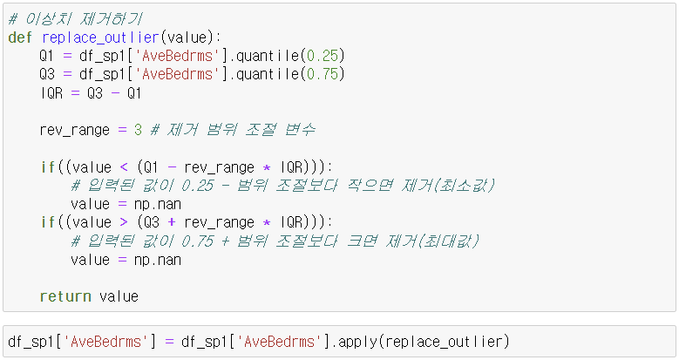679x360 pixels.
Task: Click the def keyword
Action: click(21, 37)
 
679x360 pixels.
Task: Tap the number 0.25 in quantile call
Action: click(323, 56)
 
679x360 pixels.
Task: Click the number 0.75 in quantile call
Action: click(323, 74)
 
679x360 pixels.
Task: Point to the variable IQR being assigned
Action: click(51, 92)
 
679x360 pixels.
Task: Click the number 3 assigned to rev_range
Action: click(138, 130)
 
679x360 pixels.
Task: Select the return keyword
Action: click(65, 296)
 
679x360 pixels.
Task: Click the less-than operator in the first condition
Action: click(126, 166)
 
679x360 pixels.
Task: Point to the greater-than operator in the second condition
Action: click(126, 222)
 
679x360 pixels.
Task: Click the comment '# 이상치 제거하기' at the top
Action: click(76, 18)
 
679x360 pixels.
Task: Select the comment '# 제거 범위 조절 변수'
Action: click(234, 130)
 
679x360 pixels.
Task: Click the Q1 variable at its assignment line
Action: click(47, 56)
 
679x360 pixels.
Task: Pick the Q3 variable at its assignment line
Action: click(47, 74)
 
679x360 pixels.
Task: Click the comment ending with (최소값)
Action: click(282, 186)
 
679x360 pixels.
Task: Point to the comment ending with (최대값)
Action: click(275, 241)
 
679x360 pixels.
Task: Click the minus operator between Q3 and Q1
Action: click(114, 92)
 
